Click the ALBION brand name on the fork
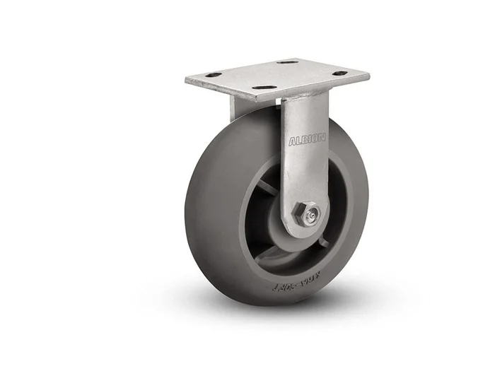306,140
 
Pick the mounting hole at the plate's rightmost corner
340,73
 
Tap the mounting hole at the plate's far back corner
286,62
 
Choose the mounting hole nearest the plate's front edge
263,87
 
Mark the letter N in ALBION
322,139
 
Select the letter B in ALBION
302,140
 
